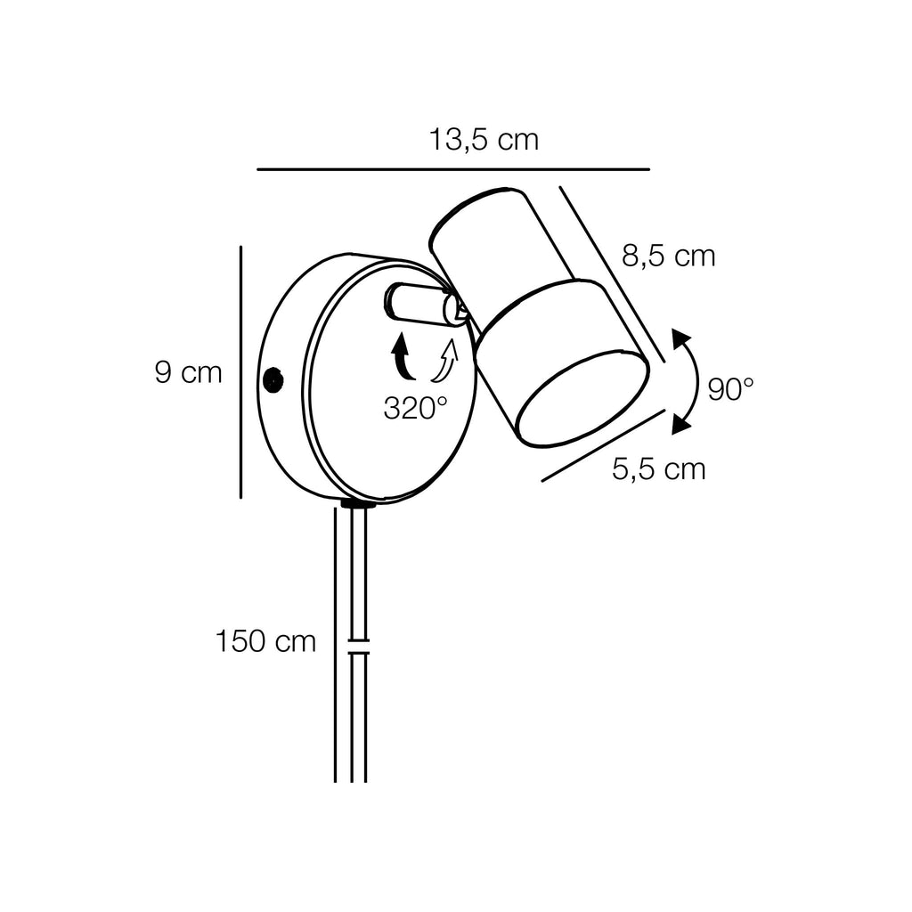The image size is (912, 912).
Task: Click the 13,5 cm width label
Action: point(484,140)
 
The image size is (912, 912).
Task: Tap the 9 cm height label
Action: point(189,372)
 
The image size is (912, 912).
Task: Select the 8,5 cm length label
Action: point(668,256)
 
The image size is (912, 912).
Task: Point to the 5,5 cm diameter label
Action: point(658,468)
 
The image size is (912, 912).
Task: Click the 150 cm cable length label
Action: point(265,641)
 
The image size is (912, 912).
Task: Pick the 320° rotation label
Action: point(415,408)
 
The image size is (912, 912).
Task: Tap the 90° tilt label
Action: point(730,389)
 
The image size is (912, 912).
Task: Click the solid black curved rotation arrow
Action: point(402,356)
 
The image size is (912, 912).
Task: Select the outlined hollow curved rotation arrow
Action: point(445,361)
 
